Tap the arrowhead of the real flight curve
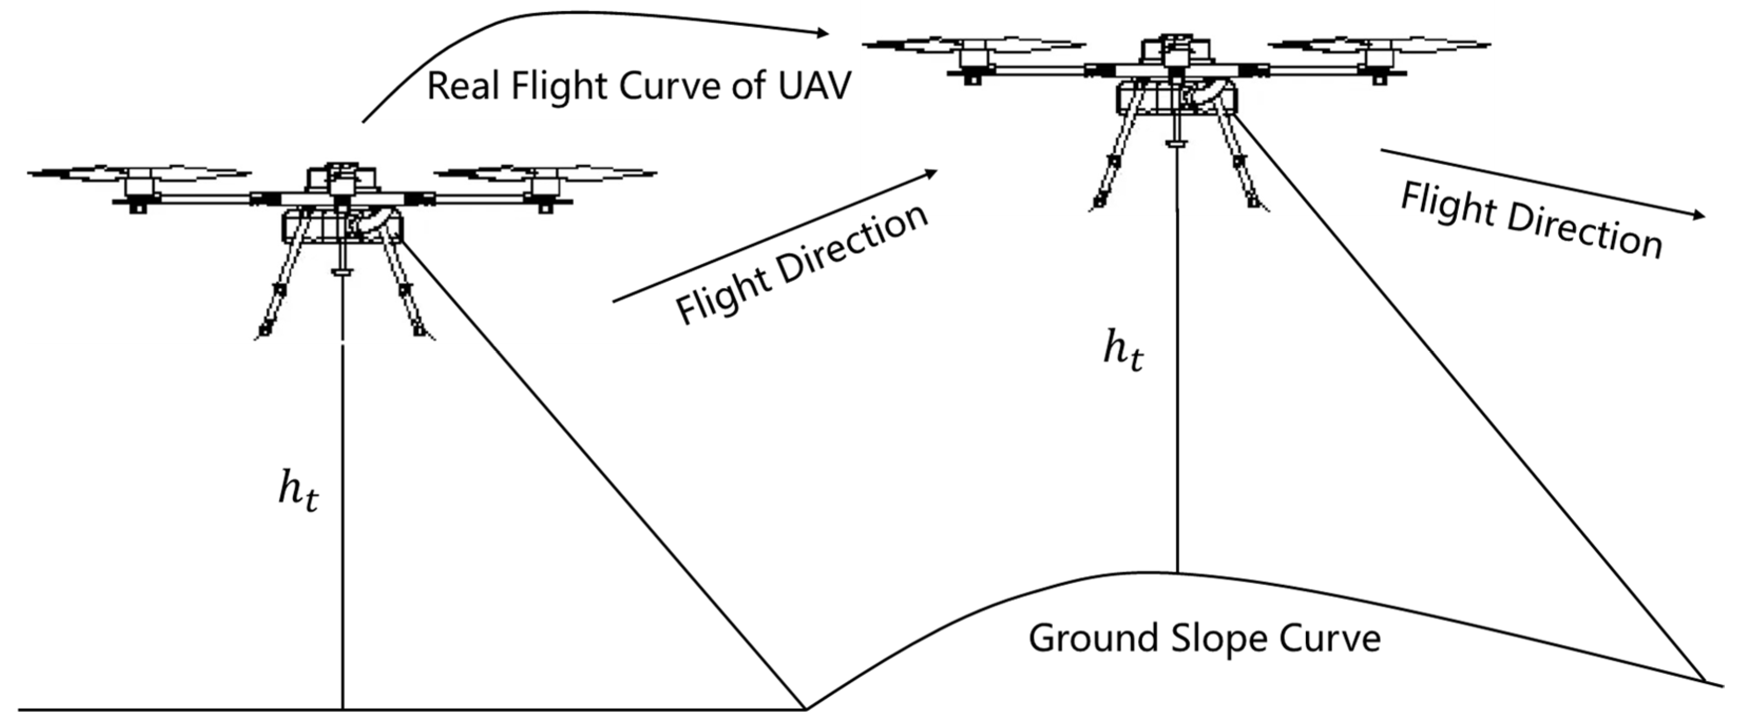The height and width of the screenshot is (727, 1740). pos(822,32)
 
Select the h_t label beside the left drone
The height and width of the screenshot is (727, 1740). pos(298,491)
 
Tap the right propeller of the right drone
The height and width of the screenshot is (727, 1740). pos(1379,45)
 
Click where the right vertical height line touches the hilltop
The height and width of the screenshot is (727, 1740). pos(1178,573)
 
